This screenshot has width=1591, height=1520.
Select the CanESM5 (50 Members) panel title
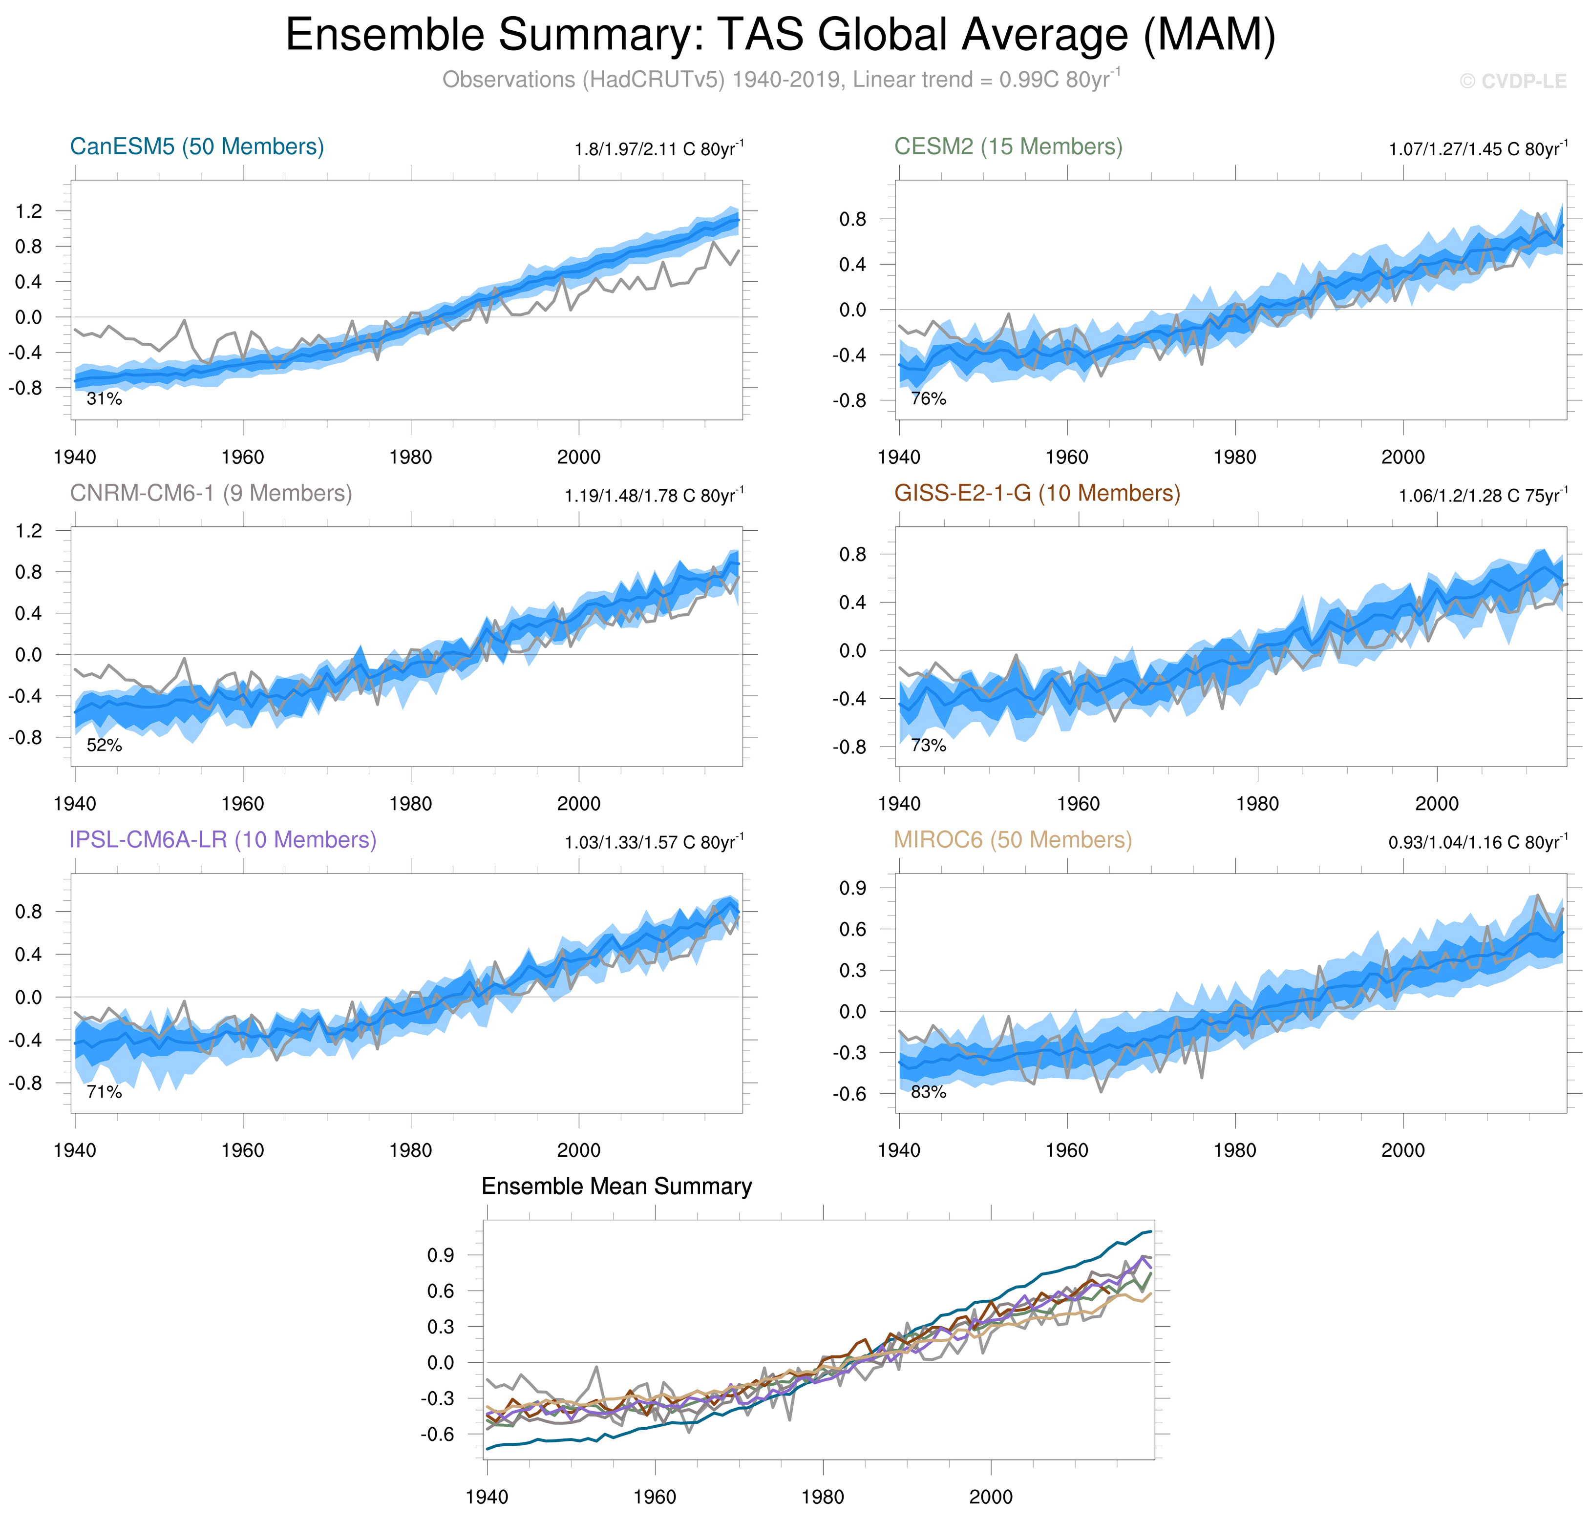197,146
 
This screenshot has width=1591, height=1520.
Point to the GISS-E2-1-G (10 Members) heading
1037,494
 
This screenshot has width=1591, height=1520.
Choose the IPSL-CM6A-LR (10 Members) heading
223,840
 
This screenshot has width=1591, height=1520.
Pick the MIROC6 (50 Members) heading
1012,840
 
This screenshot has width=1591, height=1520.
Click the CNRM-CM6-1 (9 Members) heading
211,494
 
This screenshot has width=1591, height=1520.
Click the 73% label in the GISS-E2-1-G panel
928,746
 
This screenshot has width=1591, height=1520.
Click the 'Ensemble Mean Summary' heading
617,1187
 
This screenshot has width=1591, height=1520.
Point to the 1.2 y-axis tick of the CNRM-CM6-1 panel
29,532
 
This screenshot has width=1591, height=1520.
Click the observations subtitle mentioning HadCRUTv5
781,80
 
